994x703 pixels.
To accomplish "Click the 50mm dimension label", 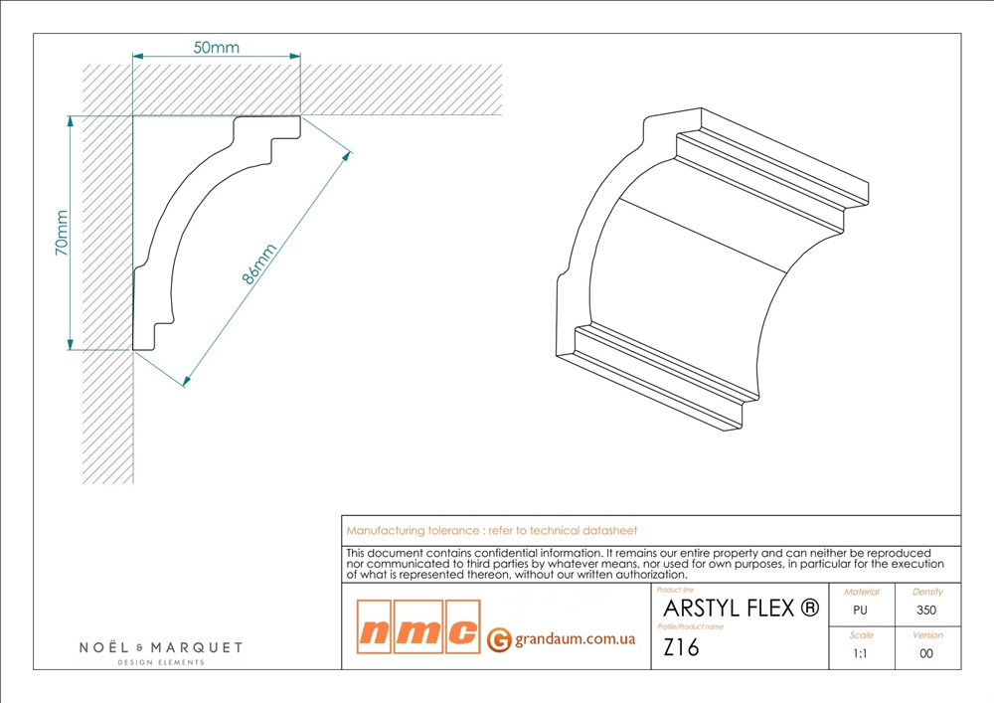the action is (x=216, y=48).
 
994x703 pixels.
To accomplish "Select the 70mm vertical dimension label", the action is (x=62, y=233).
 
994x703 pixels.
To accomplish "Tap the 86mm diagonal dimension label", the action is (x=259, y=264).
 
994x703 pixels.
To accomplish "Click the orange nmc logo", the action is (x=418, y=626).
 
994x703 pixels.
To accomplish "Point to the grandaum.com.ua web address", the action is (x=575, y=638).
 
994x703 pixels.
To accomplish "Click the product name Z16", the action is (x=681, y=647).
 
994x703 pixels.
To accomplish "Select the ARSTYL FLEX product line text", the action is (x=742, y=609).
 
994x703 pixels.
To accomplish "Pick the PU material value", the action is (x=860, y=611).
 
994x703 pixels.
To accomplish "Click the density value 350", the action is (x=926, y=611).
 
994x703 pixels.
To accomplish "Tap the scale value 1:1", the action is (x=860, y=653).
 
